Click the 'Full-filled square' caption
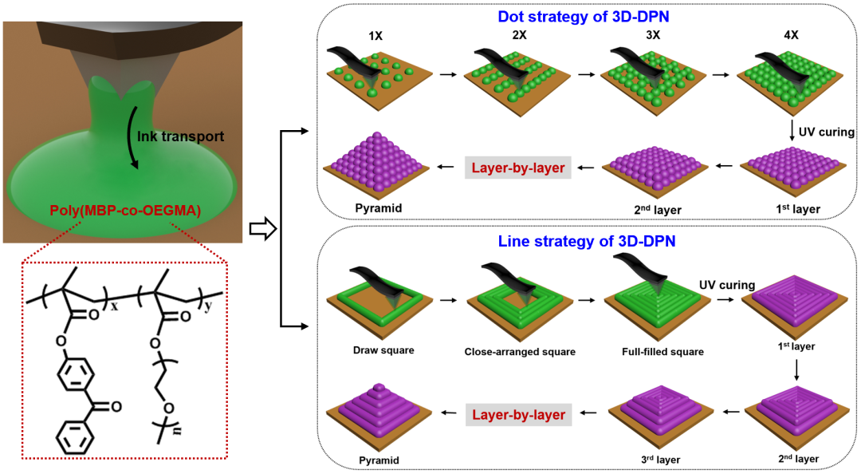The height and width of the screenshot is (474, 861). tap(652, 350)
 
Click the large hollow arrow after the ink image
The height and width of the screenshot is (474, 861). tap(262, 231)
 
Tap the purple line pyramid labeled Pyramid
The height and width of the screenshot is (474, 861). tap(379, 413)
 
